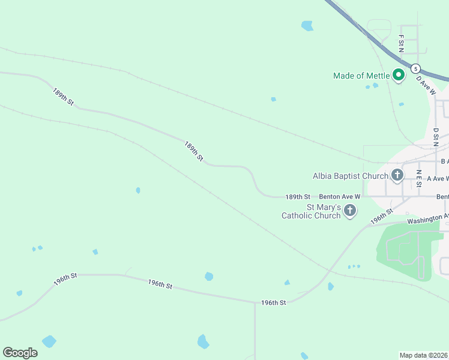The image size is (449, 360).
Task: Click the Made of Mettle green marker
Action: coord(398,75)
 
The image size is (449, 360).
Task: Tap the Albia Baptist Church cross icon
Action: coord(397,176)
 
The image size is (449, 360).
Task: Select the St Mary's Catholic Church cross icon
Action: coord(350,211)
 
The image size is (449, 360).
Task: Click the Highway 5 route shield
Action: coord(415,68)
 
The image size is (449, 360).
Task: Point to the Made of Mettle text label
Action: coord(361,76)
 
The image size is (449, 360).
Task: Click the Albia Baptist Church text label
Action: coord(351,176)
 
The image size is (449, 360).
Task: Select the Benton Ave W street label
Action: coord(340,197)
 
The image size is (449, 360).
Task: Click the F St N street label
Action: coord(400,43)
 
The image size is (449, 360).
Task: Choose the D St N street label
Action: coord(435,137)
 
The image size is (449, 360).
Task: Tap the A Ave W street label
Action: coord(438,179)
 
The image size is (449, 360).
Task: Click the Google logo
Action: coord(20,352)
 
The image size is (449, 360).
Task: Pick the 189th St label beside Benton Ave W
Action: coord(298,197)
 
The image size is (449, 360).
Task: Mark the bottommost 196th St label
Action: coord(273,303)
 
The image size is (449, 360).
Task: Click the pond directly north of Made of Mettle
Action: coord(307,26)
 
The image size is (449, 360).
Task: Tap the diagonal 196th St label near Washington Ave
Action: coord(381,216)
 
